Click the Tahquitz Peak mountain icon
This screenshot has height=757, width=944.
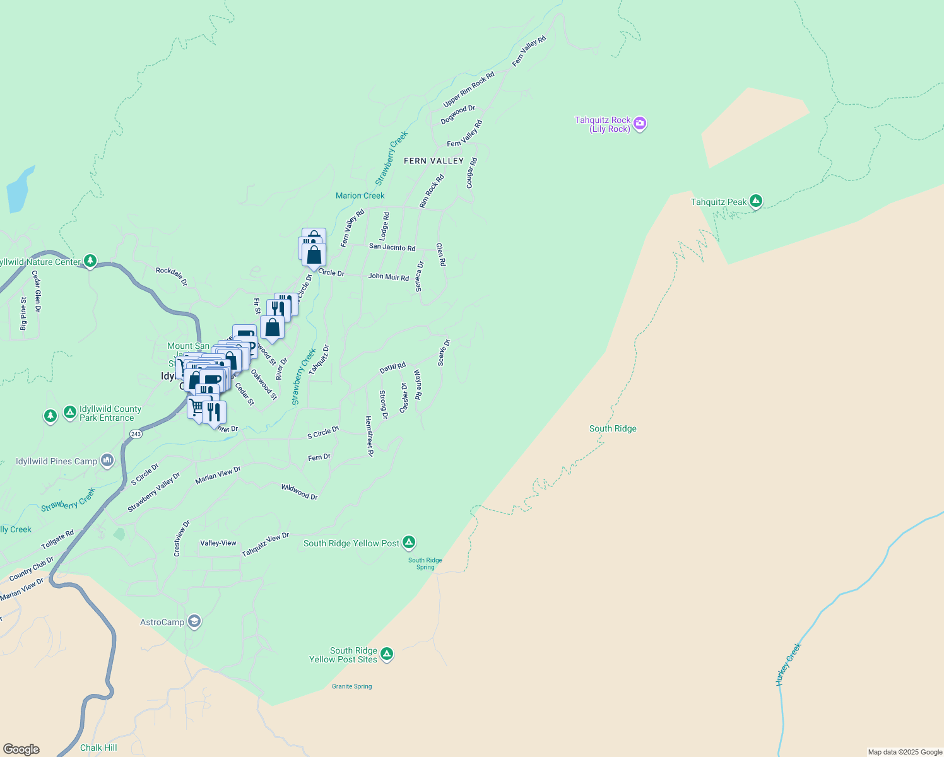coord(755,202)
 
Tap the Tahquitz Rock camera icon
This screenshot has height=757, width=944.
coord(640,124)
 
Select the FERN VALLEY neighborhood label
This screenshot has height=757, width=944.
coord(434,161)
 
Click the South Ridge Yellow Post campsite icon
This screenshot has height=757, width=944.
coord(409,543)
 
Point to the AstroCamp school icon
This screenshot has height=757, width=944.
coord(194,622)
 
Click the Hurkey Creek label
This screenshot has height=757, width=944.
coord(788,664)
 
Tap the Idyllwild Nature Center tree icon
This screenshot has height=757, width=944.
coord(90,261)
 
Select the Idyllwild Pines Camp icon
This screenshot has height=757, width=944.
coord(107,461)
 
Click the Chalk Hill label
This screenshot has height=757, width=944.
coord(98,748)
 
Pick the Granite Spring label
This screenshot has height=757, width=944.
coord(351,686)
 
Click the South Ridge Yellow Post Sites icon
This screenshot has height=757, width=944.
coord(387,654)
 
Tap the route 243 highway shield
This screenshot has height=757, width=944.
coord(136,434)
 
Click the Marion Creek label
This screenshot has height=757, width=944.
coord(360,196)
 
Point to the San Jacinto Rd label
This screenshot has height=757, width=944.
coord(392,247)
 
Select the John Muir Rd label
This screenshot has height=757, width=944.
coord(388,276)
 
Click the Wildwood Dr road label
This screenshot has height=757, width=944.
coord(299,491)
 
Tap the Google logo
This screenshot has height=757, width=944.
coord(21,749)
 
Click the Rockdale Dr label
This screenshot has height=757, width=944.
coord(172,276)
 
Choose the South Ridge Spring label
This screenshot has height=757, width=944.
coord(425,563)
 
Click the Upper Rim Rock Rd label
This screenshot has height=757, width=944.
coord(468,89)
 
